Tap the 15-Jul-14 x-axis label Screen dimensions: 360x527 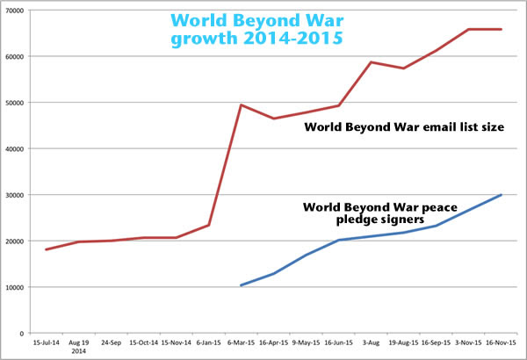click(x=45, y=343)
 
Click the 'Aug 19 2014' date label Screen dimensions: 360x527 click(x=78, y=347)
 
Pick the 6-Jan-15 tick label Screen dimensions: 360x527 click(x=208, y=343)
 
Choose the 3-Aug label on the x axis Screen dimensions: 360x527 click(x=371, y=343)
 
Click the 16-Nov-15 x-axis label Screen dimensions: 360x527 click(x=501, y=343)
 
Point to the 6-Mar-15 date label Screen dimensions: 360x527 click(x=241, y=343)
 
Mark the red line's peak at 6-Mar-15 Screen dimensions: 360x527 click(x=241, y=105)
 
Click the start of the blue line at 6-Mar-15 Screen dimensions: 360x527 click(x=241, y=285)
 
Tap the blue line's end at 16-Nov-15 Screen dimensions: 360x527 click(x=501, y=195)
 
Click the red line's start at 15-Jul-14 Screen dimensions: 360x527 click(x=46, y=249)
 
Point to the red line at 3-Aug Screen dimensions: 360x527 click(x=371, y=62)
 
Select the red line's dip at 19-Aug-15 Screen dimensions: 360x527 click(x=403, y=68)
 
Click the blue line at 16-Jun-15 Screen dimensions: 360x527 click(x=338, y=241)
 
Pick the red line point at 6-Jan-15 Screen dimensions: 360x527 click(x=208, y=225)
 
